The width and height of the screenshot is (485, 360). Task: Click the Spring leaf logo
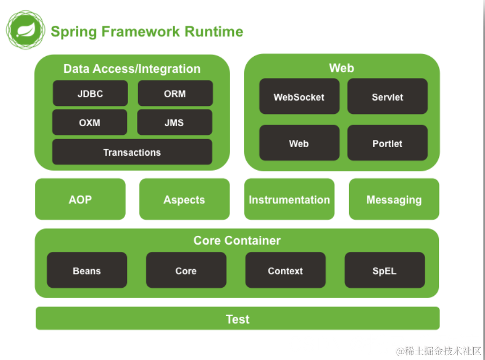point(26,29)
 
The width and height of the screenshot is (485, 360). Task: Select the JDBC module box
point(90,93)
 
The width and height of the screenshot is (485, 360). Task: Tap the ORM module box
point(176,93)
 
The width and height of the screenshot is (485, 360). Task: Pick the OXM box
point(90,122)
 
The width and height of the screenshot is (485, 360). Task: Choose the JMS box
point(175,122)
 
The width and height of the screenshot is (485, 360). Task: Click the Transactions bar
point(132,152)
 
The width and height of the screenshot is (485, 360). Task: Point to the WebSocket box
point(299,96)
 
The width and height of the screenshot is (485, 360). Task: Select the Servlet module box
point(388,96)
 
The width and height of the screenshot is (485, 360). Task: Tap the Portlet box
point(388,143)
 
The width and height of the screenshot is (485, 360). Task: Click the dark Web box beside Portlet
point(299,143)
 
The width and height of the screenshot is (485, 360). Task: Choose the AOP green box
point(80,199)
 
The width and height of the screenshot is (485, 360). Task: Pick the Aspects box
point(185,199)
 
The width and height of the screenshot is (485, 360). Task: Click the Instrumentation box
point(290,199)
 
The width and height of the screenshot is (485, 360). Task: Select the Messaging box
point(394,199)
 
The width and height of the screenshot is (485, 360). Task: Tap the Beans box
point(87,270)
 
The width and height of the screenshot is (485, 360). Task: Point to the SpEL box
point(385,270)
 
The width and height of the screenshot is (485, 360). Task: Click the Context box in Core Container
point(285,270)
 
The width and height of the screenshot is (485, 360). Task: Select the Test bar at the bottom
point(238,318)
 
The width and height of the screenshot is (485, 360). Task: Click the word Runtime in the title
point(214,32)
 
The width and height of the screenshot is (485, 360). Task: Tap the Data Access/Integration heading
point(132,69)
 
